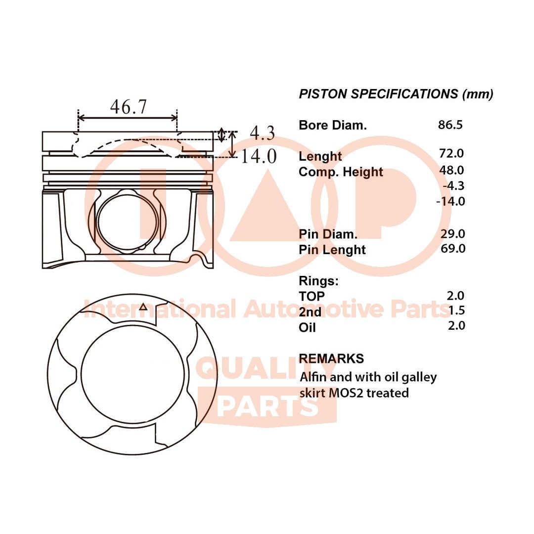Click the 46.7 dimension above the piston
[129, 107]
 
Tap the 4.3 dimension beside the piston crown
[262, 133]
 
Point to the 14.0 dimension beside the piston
[259, 156]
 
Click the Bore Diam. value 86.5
[450, 125]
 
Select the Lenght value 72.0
[451, 154]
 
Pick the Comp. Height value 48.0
[451, 170]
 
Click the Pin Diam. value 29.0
[452, 233]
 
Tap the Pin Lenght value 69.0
[453, 249]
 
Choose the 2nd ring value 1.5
[457, 311]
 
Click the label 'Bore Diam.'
[333, 125]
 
